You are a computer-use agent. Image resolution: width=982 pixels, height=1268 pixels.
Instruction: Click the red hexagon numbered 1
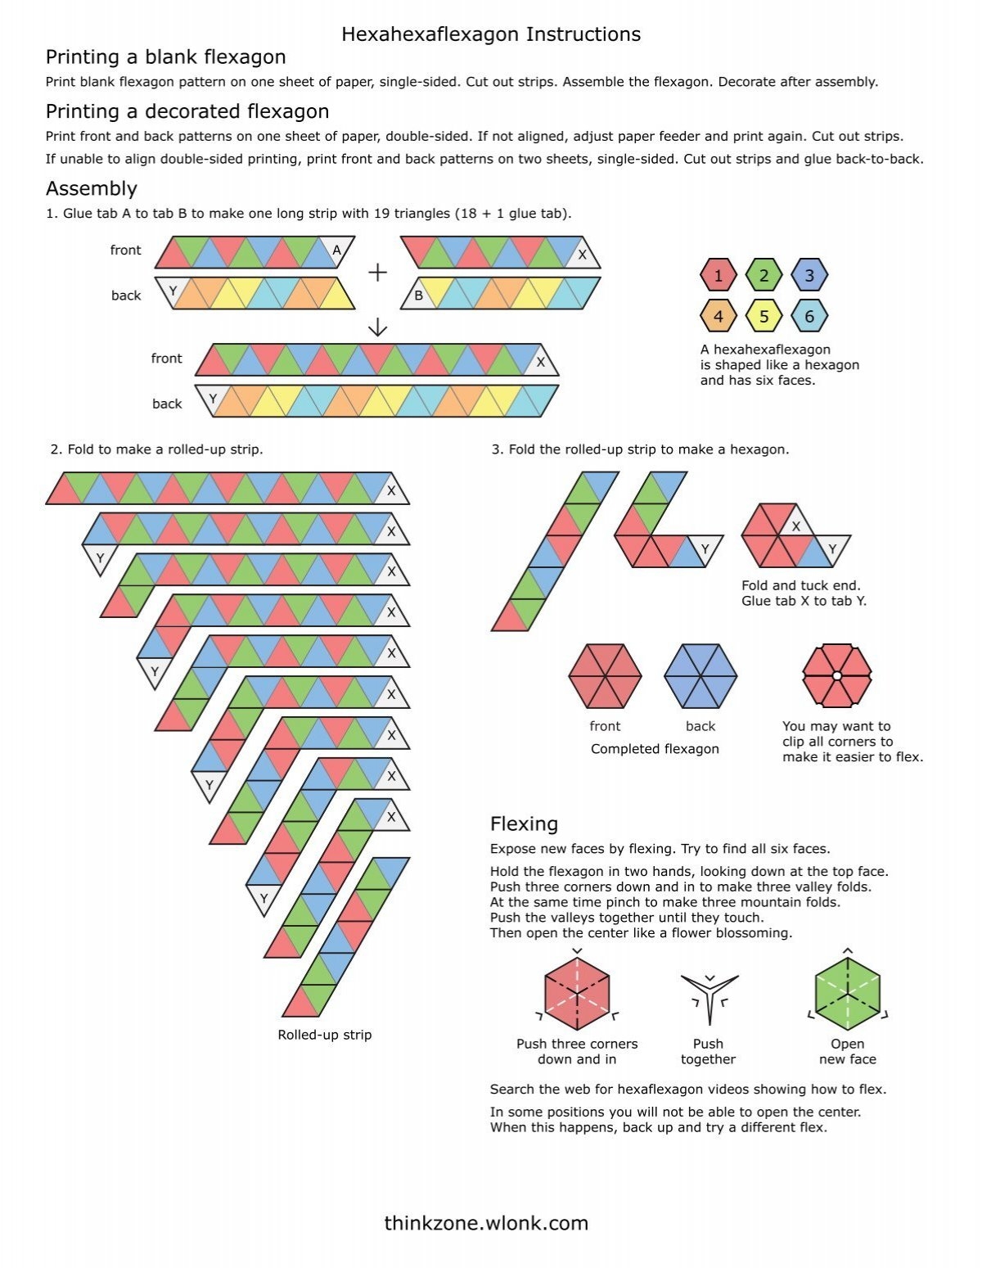[718, 275]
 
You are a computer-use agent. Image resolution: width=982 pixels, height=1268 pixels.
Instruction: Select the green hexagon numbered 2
[764, 275]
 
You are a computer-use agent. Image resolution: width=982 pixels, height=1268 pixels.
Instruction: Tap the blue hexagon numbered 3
[809, 275]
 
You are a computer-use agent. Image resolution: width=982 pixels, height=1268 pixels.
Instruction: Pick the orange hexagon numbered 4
[718, 316]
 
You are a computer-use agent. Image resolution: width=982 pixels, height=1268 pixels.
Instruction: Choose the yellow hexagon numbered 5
[764, 316]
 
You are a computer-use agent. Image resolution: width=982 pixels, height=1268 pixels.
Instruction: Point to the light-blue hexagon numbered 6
[809, 316]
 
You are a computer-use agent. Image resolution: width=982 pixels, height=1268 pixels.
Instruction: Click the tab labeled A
[336, 251]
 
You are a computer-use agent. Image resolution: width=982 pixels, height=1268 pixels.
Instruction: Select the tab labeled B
[418, 296]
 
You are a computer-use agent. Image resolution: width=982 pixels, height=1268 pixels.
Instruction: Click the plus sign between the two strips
[377, 273]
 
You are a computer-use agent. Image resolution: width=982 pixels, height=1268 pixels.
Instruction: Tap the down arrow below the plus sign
[377, 327]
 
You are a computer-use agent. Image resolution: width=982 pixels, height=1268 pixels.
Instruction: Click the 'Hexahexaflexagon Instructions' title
[491, 34]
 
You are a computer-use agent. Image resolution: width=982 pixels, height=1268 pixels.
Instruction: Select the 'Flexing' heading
[524, 824]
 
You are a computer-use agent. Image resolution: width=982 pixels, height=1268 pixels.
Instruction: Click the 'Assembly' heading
[92, 188]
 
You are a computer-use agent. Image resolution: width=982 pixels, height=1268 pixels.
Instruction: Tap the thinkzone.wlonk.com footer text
[486, 1223]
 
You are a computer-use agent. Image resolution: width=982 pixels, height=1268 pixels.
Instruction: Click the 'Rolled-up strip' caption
[325, 1035]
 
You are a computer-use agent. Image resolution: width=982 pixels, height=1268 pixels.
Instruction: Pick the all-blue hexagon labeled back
[700, 676]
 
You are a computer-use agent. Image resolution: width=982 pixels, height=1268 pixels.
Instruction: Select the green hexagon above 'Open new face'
[848, 994]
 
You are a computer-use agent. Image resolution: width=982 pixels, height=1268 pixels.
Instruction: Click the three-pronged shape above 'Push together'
[709, 995]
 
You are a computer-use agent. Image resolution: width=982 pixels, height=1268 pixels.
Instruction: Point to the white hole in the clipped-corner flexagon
[837, 676]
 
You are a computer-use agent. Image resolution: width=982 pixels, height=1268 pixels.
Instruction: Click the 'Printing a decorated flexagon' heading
[187, 111]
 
